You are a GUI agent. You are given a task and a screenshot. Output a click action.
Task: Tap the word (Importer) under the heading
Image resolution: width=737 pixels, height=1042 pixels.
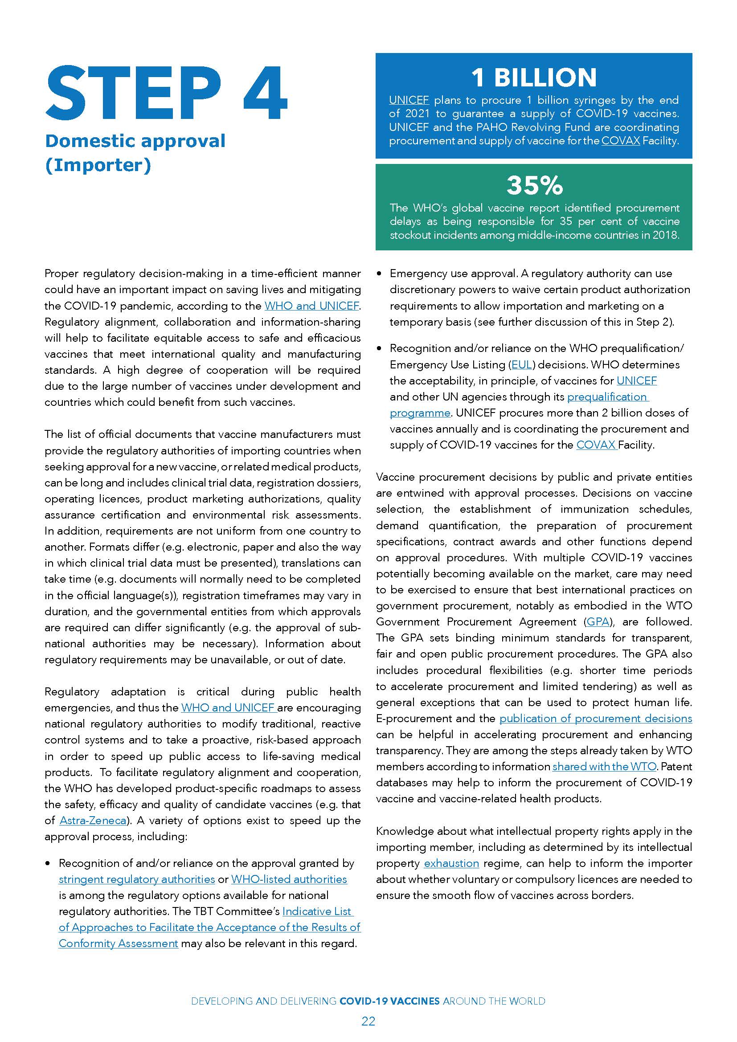point(98,165)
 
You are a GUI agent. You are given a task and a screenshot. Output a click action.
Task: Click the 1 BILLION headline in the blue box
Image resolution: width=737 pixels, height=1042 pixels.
point(534,77)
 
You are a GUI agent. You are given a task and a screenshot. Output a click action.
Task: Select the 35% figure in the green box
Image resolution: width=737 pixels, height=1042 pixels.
point(534,185)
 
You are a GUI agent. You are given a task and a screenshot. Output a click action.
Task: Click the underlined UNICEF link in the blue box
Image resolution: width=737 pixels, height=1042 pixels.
point(409,100)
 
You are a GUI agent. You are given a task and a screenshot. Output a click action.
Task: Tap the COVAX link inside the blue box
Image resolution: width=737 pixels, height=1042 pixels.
point(620,141)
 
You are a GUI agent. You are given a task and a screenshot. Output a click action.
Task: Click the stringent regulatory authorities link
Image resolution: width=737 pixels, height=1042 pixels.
point(137,892)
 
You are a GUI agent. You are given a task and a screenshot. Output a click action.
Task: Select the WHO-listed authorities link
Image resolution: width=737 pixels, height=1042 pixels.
point(289,892)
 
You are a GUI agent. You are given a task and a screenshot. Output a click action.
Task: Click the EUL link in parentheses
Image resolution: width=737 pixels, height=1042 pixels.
point(521,365)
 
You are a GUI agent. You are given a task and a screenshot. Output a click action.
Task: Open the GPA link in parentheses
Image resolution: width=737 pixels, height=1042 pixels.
point(597,622)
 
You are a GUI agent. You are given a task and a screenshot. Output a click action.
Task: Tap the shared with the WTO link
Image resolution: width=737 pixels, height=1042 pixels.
point(604,767)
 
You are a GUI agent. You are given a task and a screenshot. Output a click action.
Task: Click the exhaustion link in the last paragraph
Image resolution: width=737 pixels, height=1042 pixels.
point(451,863)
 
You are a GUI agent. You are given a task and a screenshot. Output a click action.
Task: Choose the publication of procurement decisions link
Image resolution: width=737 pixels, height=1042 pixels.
point(595,719)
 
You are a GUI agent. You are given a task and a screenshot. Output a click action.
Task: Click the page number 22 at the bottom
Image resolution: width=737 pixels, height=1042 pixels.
point(368,1021)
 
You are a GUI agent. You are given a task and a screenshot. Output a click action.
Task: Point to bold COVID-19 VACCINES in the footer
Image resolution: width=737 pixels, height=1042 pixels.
point(389,1001)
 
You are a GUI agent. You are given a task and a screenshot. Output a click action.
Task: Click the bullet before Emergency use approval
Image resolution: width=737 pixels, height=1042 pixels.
point(379,274)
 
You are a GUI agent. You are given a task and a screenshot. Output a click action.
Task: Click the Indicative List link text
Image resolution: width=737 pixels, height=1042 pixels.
point(317,924)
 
